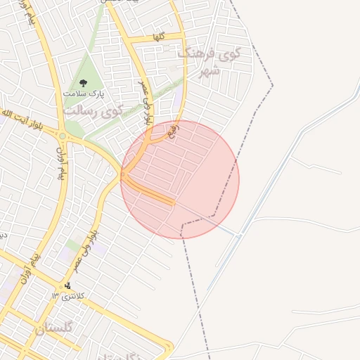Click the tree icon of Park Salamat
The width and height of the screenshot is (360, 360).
pos(82,82)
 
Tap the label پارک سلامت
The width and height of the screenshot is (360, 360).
pos(82,94)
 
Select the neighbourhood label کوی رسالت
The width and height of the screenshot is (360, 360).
pos(93,110)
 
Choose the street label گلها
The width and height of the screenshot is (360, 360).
pos(159,37)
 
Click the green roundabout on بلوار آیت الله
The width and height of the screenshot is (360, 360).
pos(63,136)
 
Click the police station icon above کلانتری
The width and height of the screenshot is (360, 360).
pos(67,285)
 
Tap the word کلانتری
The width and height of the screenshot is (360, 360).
pos(72,296)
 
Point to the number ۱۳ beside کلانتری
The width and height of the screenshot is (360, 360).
pos(55,296)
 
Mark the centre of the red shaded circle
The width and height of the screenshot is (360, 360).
pos(180,179)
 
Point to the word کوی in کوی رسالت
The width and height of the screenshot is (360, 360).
pos(112,110)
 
